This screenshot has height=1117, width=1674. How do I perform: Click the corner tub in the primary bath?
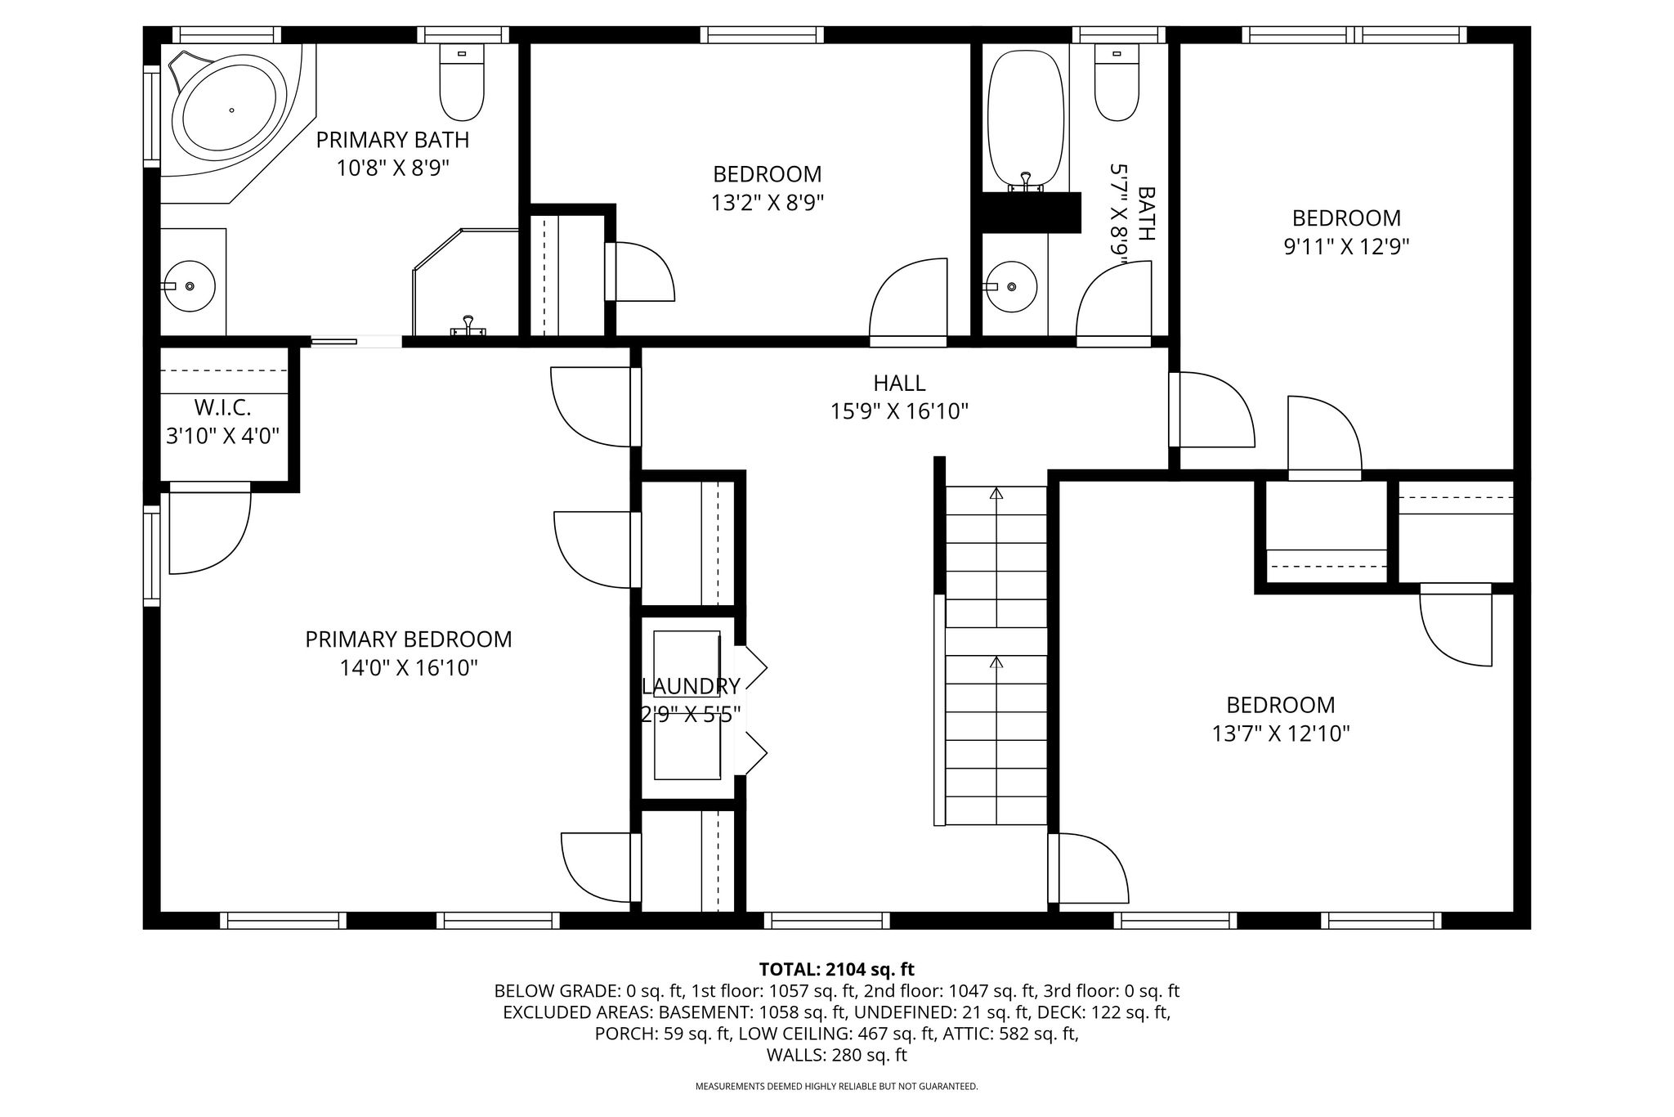click(232, 110)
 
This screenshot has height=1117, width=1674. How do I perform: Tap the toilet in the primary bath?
click(462, 82)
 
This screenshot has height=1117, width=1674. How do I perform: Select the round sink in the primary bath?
click(190, 286)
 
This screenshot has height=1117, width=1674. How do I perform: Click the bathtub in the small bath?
click(1027, 119)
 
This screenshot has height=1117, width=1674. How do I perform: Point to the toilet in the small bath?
click(1117, 82)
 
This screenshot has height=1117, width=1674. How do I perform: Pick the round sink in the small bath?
click(1011, 286)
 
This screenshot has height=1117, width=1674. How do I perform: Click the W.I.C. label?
click(222, 407)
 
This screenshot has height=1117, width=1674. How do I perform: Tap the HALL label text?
click(899, 383)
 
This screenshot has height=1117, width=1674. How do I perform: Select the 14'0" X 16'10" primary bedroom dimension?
click(409, 668)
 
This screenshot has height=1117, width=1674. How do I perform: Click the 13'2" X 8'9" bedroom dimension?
click(768, 202)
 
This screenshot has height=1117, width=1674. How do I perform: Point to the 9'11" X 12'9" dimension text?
click(1346, 246)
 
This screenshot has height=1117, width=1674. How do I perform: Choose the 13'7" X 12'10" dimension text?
click(1281, 733)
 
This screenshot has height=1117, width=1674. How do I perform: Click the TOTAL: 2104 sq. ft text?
click(837, 970)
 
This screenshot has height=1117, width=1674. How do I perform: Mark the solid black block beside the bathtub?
click(1032, 213)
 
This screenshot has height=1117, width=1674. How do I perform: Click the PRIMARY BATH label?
click(393, 140)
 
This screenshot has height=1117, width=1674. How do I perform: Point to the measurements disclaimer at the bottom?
click(836, 1087)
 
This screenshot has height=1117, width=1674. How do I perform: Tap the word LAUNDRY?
click(692, 686)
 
